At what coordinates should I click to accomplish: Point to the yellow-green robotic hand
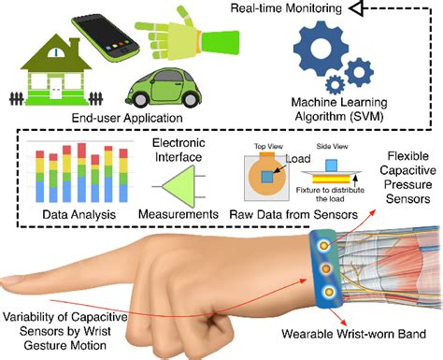point(188,34)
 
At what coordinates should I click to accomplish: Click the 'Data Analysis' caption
point(74,215)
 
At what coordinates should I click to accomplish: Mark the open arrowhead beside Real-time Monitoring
point(379,9)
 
